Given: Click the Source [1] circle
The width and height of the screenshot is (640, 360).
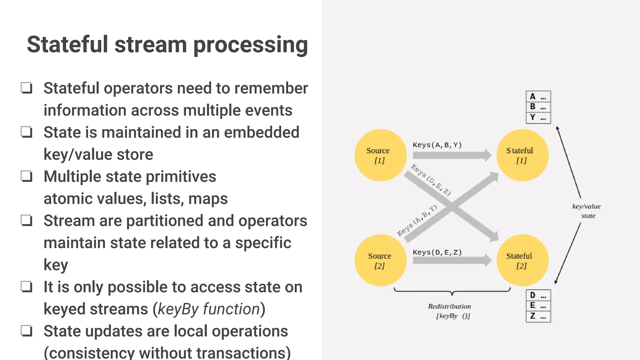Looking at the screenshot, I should click(x=380, y=155).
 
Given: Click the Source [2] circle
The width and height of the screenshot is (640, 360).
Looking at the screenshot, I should click(x=380, y=260).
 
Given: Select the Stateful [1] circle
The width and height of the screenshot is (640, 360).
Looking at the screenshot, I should click(x=522, y=155).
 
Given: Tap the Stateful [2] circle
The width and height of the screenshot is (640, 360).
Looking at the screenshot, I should click(x=522, y=260).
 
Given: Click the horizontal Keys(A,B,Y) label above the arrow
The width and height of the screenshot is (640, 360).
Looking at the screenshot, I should click(x=437, y=145).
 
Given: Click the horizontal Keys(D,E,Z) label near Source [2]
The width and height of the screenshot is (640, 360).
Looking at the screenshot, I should click(x=437, y=252).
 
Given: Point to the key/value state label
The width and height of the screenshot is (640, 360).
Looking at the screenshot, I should click(x=587, y=211).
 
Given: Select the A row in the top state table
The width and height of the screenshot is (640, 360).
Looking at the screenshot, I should click(x=538, y=97).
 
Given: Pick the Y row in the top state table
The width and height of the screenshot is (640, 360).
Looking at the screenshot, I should click(x=538, y=118).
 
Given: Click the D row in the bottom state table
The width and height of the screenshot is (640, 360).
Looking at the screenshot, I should click(x=538, y=295).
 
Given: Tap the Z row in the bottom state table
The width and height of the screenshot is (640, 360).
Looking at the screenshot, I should click(x=538, y=316).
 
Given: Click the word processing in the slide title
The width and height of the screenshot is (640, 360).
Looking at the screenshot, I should click(x=251, y=45).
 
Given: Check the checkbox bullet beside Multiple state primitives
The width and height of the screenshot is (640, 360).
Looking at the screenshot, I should click(x=27, y=176).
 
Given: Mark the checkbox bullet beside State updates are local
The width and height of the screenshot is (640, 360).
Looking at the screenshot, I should click(x=27, y=331).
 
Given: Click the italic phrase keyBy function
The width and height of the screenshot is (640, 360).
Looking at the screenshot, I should click(x=209, y=309).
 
